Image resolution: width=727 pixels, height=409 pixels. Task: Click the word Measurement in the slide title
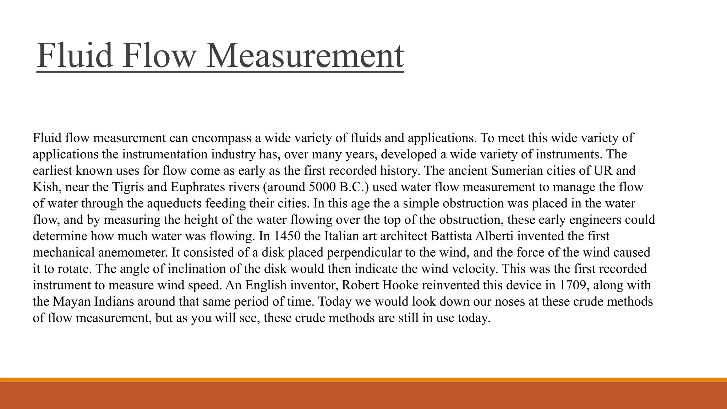pyautogui.click(x=305, y=55)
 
